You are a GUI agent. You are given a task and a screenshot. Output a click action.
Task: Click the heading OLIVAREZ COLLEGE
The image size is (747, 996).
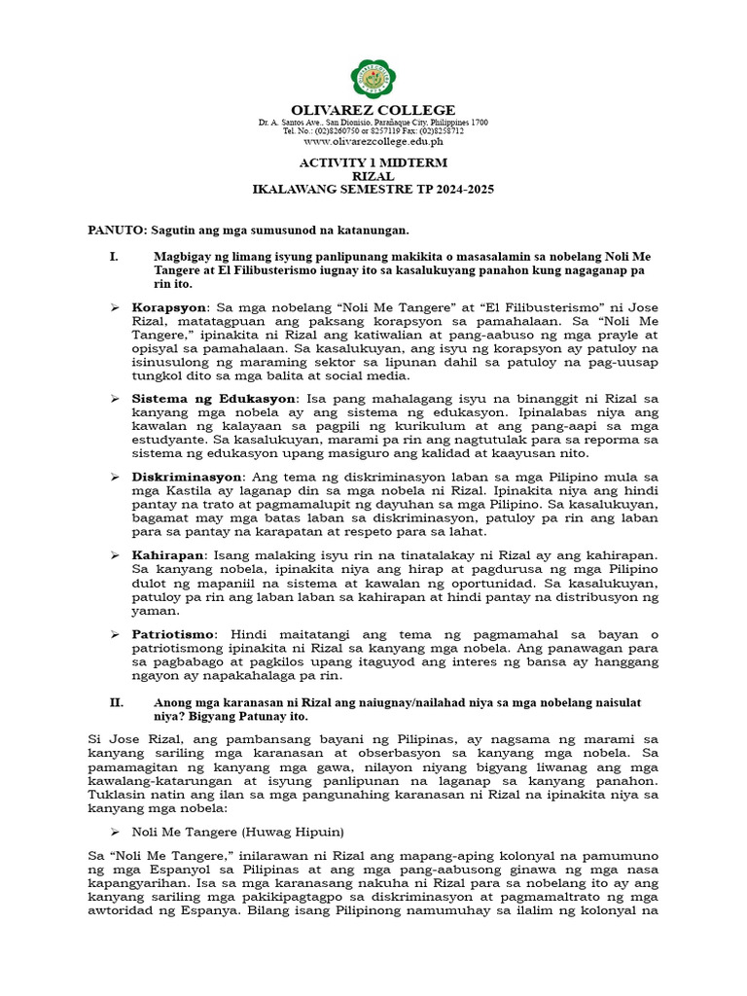[x=373, y=110]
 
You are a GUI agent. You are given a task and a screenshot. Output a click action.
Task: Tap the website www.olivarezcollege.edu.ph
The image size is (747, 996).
[x=373, y=141]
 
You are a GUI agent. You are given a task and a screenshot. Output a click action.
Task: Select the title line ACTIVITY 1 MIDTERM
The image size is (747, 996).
[x=373, y=162]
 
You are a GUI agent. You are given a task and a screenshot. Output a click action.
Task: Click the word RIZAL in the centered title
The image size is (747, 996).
[x=373, y=176]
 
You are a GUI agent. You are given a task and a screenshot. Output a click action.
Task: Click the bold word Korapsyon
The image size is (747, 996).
[x=169, y=307]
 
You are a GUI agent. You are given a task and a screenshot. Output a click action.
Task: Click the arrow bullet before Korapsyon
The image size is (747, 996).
[x=114, y=307]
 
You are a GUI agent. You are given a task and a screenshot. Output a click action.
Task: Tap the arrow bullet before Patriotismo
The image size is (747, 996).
[x=114, y=633]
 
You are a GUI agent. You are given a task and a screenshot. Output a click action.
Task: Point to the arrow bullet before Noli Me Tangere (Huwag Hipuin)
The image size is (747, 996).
[x=114, y=833]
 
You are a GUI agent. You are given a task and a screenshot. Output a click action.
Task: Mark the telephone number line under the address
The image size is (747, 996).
[x=373, y=131]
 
